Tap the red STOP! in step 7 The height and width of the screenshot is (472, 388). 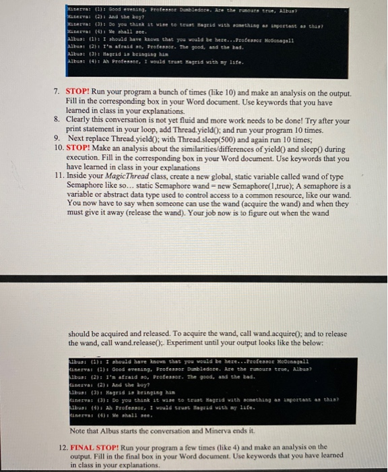pyautogui.click(x=79, y=89)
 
